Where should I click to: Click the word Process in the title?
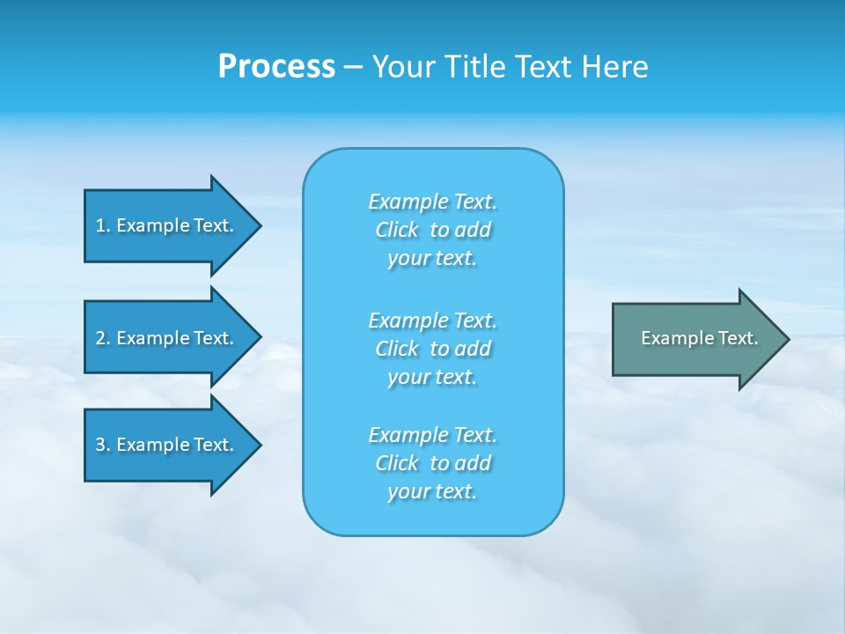(276, 66)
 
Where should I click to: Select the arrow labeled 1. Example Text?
(167, 225)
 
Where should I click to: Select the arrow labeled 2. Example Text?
(167, 338)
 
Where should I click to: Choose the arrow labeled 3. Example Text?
(167, 445)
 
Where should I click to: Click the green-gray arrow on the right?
(695, 339)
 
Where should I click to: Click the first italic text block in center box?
(432, 230)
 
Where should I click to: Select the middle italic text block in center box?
(432, 348)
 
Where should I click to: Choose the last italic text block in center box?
(432, 463)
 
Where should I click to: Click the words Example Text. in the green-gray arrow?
(699, 338)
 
